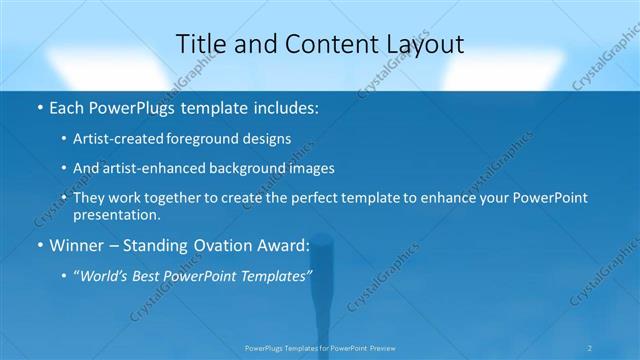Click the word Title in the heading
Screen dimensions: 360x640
(x=199, y=45)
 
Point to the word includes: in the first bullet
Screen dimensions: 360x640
(x=288, y=106)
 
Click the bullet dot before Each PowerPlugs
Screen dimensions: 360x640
(x=38, y=106)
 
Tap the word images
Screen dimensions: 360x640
(x=311, y=168)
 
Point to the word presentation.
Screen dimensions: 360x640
(x=116, y=214)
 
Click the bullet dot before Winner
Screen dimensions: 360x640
(x=38, y=245)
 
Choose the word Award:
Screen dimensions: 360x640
(x=286, y=245)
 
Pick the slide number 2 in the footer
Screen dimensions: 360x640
(x=591, y=348)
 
